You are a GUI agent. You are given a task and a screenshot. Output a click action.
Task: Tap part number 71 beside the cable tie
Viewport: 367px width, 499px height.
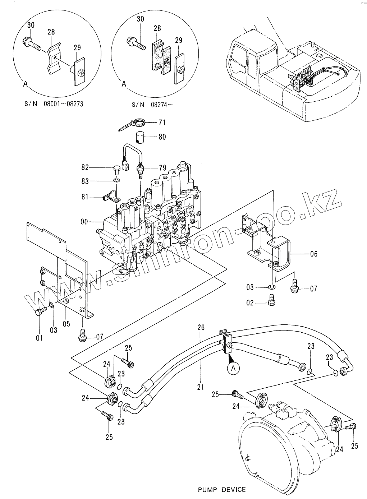(162, 122)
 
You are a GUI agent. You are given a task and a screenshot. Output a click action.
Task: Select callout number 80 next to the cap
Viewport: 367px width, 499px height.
(162, 137)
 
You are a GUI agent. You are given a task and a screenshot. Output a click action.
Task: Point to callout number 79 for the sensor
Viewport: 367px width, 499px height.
(162, 168)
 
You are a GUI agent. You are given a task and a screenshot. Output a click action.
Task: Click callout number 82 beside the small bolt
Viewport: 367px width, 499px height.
(85, 167)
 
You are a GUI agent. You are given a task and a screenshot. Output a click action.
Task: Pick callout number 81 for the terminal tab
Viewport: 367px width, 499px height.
(85, 197)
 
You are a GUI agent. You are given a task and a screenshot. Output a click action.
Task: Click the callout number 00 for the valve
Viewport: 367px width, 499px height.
(84, 222)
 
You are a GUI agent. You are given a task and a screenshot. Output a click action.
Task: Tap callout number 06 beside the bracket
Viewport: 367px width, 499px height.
(314, 254)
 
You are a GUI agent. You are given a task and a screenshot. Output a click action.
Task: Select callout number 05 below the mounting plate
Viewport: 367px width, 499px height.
(66, 324)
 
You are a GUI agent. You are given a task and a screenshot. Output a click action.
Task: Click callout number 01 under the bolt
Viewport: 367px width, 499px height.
(39, 338)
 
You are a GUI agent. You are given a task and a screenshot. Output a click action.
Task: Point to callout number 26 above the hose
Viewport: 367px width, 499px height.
(201, 328)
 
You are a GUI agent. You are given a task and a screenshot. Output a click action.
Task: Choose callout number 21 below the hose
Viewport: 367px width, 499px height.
(201, 387)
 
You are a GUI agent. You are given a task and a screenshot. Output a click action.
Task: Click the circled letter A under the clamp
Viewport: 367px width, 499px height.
(233, 369)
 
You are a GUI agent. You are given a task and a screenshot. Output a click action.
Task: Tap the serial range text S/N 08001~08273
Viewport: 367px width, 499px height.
(54, 104)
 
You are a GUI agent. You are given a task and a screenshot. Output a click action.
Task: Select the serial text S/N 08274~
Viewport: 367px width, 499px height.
(152, 105)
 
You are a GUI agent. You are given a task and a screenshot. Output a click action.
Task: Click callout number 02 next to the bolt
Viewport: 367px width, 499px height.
(250, 303)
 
